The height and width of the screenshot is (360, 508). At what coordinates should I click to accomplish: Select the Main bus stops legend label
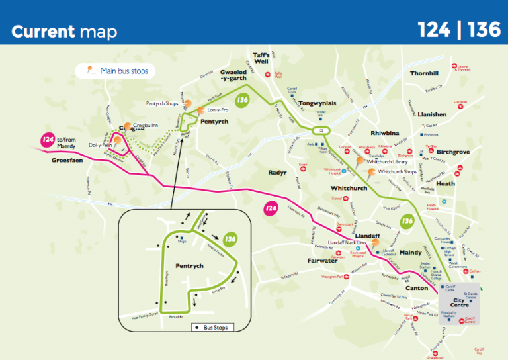pos(124,71)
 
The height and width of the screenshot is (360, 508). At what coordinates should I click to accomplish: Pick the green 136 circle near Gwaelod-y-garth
pos(243,100)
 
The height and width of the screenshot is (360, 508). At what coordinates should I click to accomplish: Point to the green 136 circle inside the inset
pos(230,239)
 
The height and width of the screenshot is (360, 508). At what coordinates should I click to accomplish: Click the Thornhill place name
pos(424,73)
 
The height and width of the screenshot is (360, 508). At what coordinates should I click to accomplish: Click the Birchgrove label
pos(453,152)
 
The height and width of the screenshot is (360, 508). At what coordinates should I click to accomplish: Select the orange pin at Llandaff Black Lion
pos(374,242)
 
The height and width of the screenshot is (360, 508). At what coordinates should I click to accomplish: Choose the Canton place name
pos(417,288)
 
